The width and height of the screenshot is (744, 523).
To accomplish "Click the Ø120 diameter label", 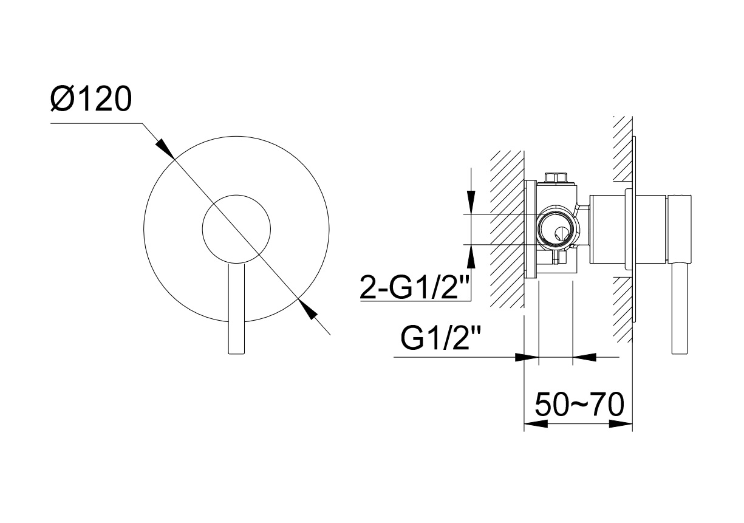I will pos(91,99).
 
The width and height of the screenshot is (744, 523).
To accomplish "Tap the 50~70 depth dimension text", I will pos(579,405).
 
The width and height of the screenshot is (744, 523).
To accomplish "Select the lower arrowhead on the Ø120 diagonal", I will pos(309,310).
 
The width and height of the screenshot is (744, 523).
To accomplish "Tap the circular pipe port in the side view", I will pos(555,230).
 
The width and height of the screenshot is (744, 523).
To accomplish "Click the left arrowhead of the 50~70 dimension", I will pos(535,424).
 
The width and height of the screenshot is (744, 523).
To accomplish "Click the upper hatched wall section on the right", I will pos(623,149).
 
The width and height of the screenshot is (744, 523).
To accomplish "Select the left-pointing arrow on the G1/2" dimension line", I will pos(584,357).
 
